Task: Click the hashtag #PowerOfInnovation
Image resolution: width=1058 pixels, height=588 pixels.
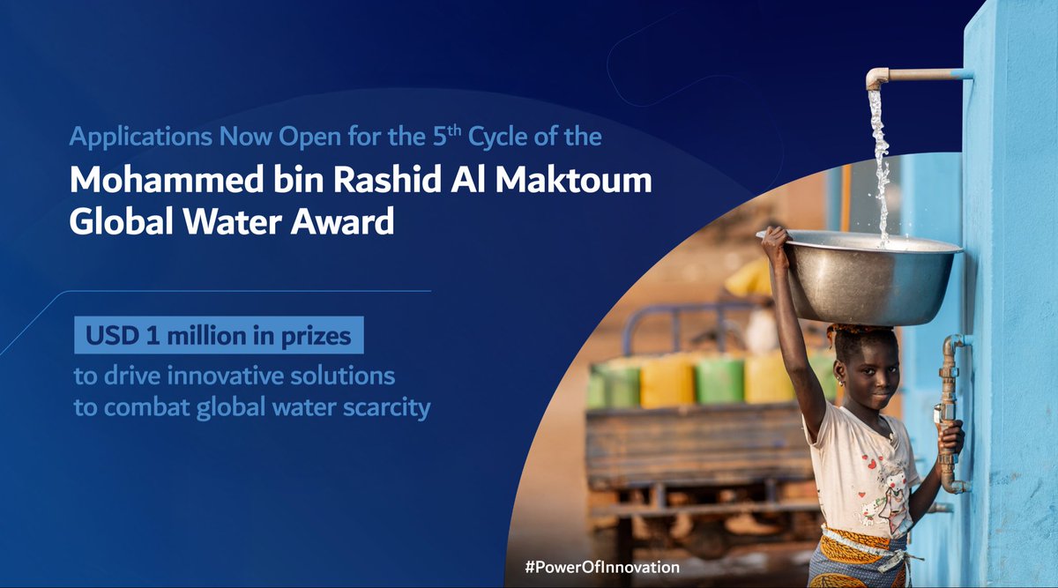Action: tap(602, 567)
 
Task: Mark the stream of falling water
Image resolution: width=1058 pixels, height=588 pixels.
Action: tap(880, 159)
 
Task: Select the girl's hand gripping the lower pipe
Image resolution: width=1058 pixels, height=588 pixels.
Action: tap(951, 436)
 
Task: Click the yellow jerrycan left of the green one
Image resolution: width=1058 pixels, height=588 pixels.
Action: tap(667, 381)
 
